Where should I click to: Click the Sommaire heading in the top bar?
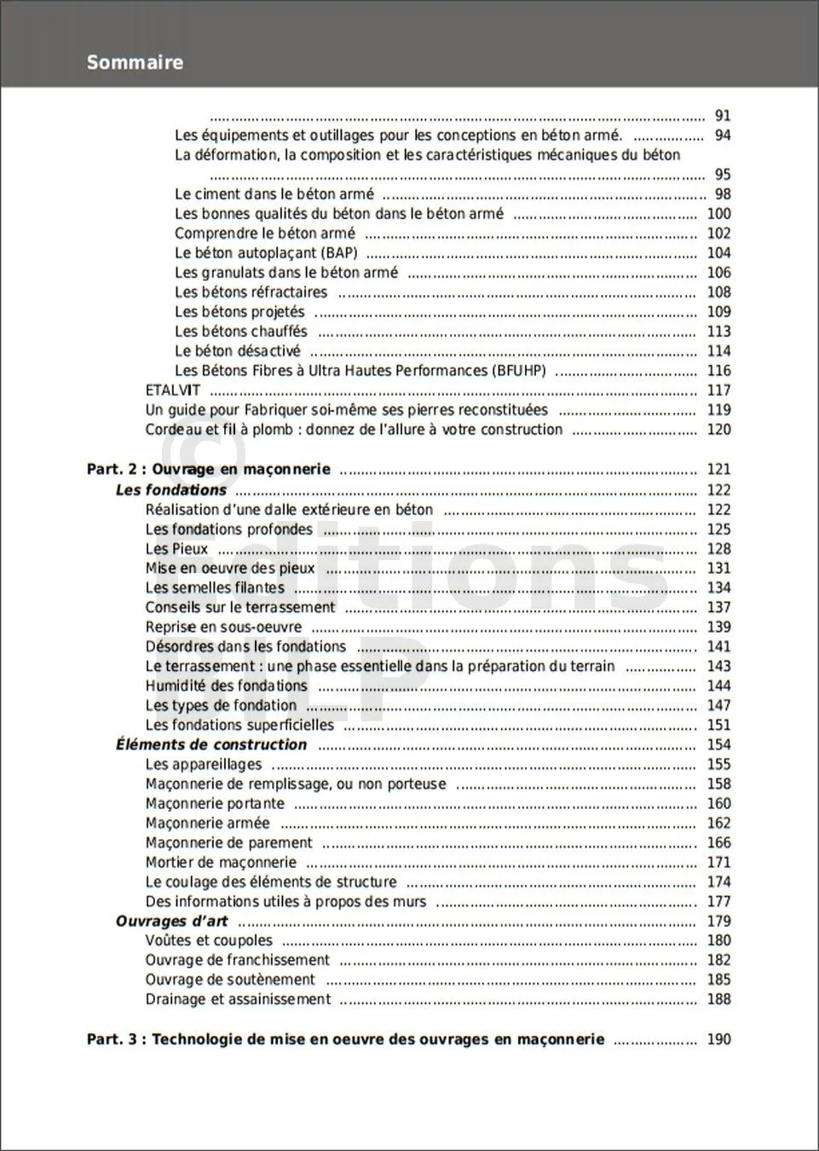pyautogui.click(x=135, y=62)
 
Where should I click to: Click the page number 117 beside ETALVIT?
pyautogui.click(x=718, y=390)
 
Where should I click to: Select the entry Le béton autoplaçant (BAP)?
pyautogui.click(x=266, y=253)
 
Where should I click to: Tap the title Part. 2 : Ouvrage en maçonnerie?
pyautogui.click(x=209, y=469)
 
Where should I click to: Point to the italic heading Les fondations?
pyautogui.click(x=170, y=490)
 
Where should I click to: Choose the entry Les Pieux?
pyautogui.click(x=176, y=549)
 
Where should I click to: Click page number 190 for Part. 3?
pyautogui.click(x=718, y=1039)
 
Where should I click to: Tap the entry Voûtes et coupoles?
pyautogui.click(x=209, y=940)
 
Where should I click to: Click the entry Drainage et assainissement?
pyautogui.click(x=238, y=999)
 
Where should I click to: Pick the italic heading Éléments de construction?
pyautogui.click(x=211, y=744)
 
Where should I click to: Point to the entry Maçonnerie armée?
pyautogui.click(x=207, y=824)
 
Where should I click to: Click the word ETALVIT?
pyautogui.click(x=173, y=390)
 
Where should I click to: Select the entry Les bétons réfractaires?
pyautogui.click(x=251, y=292)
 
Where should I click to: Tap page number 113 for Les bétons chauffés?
pyautogui.click(x=718, y=332)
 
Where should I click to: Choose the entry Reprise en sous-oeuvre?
pyautogui.click(x=223, y=628)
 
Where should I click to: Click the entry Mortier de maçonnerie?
pyautogui.click(x=221, y=863)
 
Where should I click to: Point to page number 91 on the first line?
pyautogui.click(x=722, y=116)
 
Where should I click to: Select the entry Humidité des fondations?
pyautogui.click(x=226, y=686)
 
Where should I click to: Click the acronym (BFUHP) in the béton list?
pyautogui.click(x=518, y=371)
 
